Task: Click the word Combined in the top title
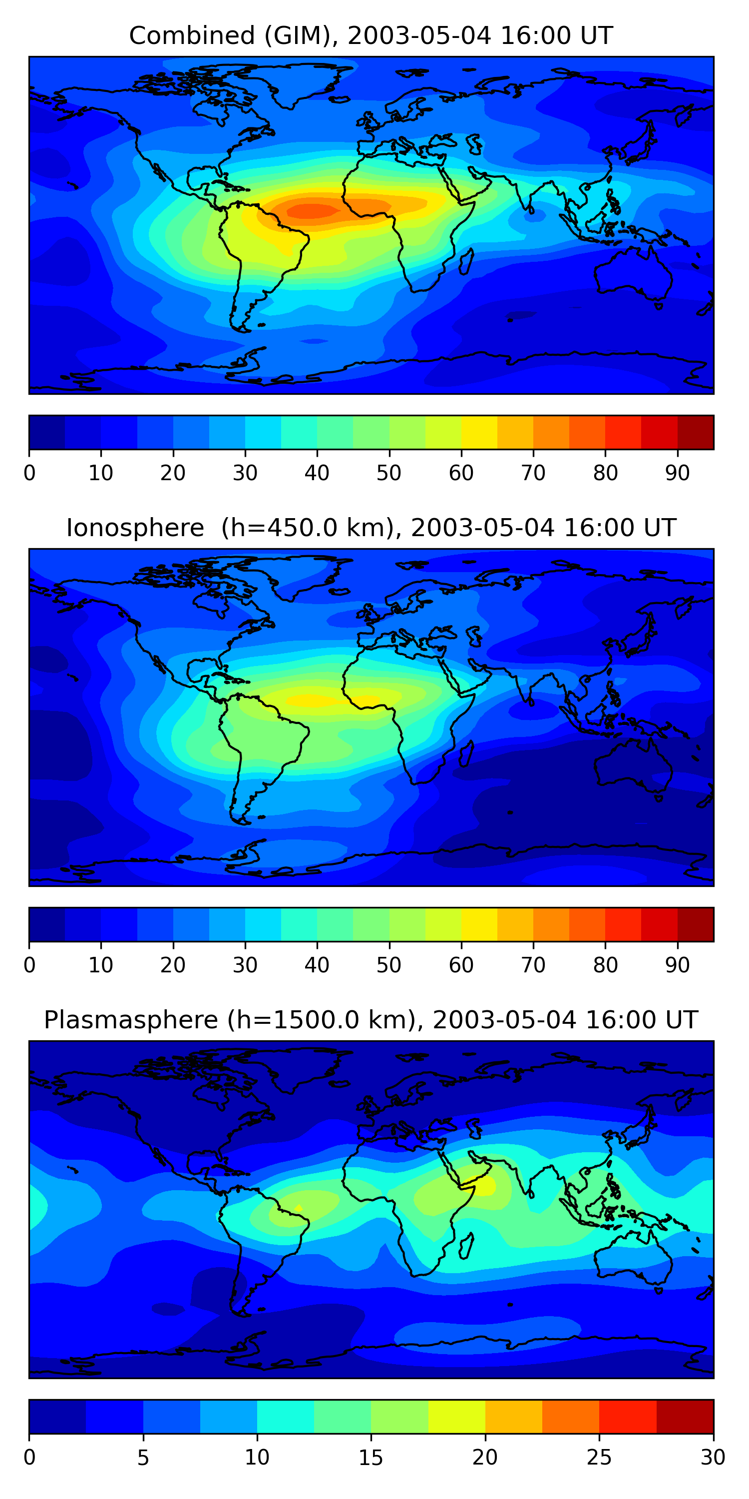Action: click(x=191, y=36)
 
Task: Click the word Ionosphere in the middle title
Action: click(x=135, y=528)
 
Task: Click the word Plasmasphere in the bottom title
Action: click(x=130, y=1020)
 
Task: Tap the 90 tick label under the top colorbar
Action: click(x=677, y=473)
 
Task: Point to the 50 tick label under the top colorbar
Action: click(x=388, y=473)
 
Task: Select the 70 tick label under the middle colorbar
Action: click(x=533, y=965)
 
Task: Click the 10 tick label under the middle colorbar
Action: click(x=100, y=965)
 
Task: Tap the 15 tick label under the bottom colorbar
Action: click(x=371, y=1457)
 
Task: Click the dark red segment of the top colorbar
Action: click(x=696, y=432)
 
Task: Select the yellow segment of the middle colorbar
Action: click(x=479, y=925)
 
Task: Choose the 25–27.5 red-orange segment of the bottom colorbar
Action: click(x=628, y=1417)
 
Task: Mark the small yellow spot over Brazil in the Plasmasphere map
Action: click(x=298, y=1209)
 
